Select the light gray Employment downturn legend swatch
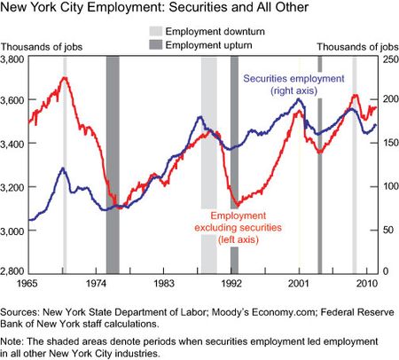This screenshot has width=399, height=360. (155, 31)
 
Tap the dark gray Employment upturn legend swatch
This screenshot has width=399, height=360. (155, 45)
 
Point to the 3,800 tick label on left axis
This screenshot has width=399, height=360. (12, 59)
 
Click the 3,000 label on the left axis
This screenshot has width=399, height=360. (12, 231)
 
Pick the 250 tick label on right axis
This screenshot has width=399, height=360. (391, 59)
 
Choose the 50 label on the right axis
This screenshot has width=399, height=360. (387, 230)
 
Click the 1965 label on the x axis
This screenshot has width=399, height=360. (27, 284)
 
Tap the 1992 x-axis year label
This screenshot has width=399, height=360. (231, 284)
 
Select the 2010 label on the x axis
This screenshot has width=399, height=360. (367, 284)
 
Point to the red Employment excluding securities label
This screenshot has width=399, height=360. (239, 228)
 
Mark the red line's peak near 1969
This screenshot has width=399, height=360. (65, 77)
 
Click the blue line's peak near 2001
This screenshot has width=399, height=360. (299, 99)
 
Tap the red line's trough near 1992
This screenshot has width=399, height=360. (237, 206)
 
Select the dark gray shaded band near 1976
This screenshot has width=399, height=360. (113, 165)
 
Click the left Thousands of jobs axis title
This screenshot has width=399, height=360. (42, 47)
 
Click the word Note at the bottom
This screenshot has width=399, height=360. (11, 342)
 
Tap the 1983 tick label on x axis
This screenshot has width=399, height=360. (163, 284)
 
